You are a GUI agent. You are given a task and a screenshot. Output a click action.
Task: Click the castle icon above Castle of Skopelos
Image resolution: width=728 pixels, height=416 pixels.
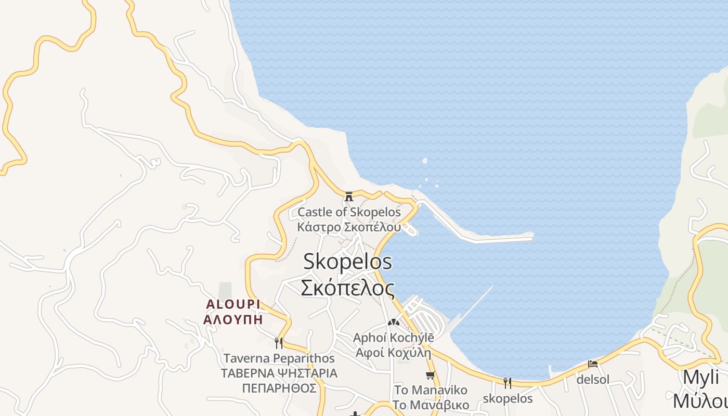349,197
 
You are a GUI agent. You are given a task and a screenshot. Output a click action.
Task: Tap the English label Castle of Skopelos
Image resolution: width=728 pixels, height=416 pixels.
349,212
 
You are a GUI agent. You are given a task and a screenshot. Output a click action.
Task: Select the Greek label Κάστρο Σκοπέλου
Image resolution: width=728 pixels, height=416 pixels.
349,227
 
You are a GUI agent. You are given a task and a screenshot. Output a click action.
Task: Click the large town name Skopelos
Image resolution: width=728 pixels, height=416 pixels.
347,261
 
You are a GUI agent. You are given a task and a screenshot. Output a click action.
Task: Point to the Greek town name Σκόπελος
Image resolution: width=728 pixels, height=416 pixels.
347,287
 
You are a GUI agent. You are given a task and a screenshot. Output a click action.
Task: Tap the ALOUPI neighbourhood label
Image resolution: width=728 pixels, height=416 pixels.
233,304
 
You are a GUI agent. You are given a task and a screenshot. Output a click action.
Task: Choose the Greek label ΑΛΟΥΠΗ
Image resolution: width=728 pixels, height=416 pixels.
233,320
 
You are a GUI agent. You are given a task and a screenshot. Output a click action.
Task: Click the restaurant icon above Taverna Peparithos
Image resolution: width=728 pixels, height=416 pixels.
279,343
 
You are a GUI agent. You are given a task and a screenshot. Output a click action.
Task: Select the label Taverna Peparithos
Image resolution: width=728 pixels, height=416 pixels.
279,358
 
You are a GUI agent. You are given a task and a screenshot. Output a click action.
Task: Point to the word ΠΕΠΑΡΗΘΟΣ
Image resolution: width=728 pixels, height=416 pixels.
279,388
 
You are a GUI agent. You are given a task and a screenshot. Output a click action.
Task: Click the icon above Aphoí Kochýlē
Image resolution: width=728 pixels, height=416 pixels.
393,322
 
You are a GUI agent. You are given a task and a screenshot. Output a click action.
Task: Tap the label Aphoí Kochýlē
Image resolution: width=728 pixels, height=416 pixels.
393,337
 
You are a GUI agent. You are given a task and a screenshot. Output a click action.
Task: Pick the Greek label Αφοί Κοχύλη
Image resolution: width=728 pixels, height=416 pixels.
393,353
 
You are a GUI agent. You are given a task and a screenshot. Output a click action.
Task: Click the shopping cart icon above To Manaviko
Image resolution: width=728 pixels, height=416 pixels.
430,375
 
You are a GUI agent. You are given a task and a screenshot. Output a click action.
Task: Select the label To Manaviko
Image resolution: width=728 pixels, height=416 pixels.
431,390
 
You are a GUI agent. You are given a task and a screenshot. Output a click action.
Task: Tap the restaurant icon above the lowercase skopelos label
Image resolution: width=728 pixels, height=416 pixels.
508,383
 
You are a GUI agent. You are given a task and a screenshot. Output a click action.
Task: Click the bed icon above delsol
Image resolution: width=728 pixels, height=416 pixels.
592,364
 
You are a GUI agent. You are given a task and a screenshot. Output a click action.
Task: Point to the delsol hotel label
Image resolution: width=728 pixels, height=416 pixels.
592,380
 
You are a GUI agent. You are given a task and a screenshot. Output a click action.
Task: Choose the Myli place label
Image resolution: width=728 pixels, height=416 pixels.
700,378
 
